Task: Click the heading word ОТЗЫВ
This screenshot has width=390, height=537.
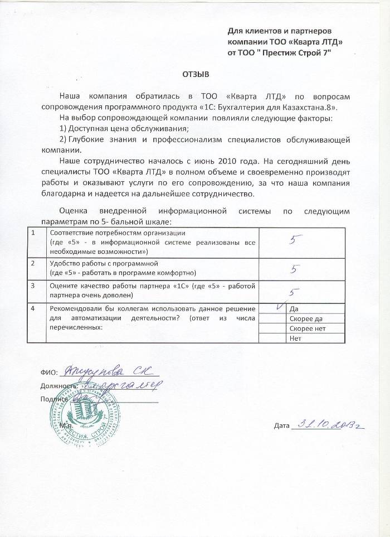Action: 194,74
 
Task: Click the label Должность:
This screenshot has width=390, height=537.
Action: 58,385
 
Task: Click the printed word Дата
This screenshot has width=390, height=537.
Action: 282,427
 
